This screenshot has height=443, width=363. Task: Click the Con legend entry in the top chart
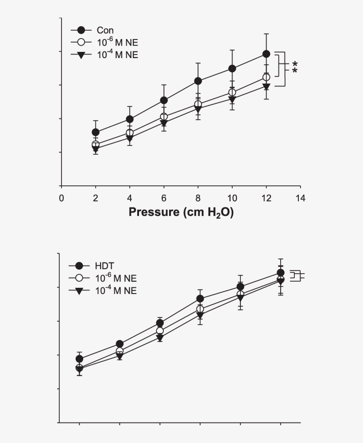tap(105, 31)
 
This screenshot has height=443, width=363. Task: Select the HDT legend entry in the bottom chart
tap(104, 266)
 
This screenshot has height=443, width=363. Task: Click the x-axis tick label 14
tap(300, 198)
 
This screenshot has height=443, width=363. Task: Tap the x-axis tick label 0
tap(61, 198)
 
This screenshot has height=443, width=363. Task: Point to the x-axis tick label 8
tap(198, 198)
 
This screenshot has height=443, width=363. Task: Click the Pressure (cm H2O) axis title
tap(181, 212)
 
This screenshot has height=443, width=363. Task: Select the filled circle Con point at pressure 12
tap(266, 54)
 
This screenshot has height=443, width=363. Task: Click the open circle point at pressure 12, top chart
tap(266, 77)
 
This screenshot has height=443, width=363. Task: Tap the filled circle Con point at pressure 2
tap(96, 132)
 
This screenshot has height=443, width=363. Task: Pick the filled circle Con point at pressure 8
tap(198, 81)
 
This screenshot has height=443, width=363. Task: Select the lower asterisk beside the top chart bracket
tap(295, 71)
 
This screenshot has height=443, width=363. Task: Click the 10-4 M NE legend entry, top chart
tap(117, 55)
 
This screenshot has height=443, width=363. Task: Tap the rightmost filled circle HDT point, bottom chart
tap(280, 273)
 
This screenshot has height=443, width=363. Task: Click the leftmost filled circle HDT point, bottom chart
tap(80, 359)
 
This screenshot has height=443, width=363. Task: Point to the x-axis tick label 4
tap(130, 198)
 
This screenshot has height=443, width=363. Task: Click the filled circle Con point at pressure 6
tap(164, 100)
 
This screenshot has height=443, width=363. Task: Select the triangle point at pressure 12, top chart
tap(266, 86)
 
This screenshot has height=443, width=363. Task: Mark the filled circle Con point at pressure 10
tap(232, 68)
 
